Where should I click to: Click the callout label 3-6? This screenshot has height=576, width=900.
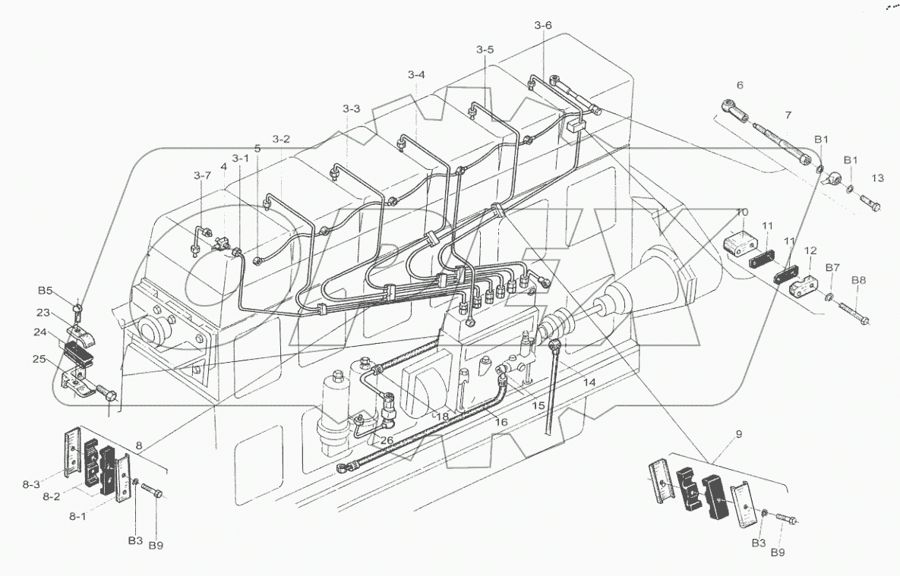(x=542, y=26)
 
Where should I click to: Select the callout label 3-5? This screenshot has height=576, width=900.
(x=485, y=50)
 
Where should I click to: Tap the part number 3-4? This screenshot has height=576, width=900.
(x=416, y=74)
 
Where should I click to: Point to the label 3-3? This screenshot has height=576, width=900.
(x=351, y=109)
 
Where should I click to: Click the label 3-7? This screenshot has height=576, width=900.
(x=202, y=175)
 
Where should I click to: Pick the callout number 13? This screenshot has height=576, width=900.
(x=878, y=178)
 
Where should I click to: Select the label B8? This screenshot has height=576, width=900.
(x=858, y=280)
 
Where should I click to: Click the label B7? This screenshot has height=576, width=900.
(x=832, y=268)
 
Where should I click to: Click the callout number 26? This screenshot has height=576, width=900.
(x=387, y=440)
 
